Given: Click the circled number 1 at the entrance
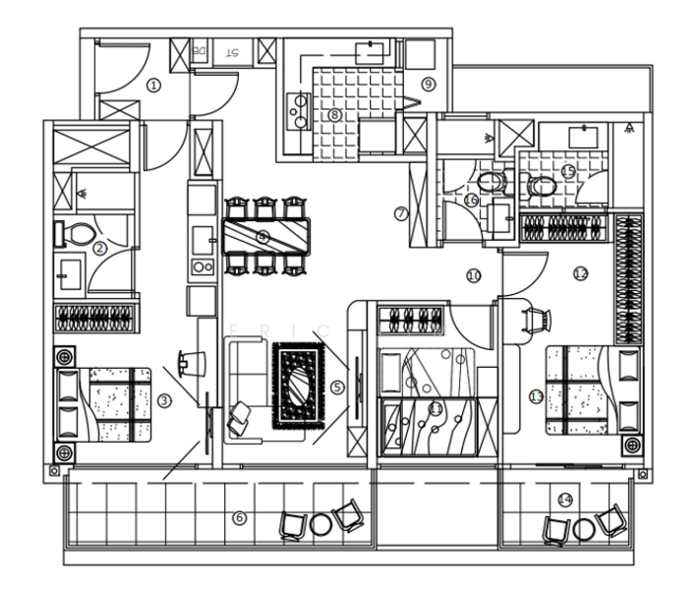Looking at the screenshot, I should click(153, 86).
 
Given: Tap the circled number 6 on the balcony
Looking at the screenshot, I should click(239, 517).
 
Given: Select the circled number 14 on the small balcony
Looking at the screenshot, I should click(564, 500).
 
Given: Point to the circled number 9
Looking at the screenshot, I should click(428, 84).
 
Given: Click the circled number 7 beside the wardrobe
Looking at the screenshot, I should click(401, 213).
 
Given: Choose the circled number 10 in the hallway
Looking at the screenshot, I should click(474, 276).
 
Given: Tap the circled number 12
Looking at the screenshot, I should click(580, 272).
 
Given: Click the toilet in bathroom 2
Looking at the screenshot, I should click(79, 234).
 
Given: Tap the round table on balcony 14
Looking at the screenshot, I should click(583, 530).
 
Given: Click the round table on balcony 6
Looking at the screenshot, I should click(320, 524).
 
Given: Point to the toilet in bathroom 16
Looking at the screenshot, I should click(492, 182).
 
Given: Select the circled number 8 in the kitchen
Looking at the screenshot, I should click(334, 115).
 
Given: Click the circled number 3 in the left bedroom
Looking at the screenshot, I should click(164, 399).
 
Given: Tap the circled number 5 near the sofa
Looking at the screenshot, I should click(338, 387).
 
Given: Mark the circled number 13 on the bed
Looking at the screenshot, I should click(536, 396).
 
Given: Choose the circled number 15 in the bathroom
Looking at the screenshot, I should click(567, 171).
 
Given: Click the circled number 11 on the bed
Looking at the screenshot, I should click(435, 409).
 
